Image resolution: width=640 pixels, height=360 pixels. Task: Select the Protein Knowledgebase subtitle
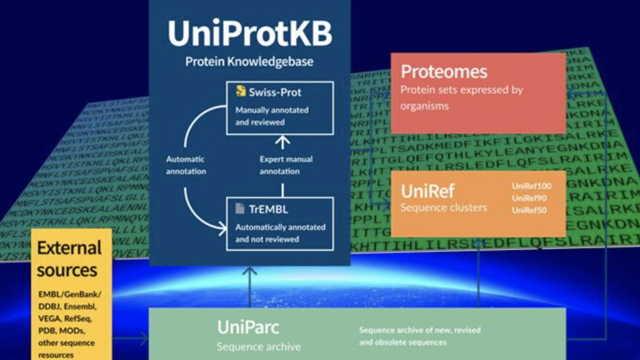(249, 62)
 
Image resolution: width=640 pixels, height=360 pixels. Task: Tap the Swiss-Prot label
(274, 92)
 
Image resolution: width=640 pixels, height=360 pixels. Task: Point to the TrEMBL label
(269, 209)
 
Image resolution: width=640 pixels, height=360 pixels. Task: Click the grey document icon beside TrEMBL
(240, 209)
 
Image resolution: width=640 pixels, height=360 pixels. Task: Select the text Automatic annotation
(185, 165)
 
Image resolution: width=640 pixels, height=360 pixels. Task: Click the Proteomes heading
(444, 71)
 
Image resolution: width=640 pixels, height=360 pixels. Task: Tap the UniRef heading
(427, 190)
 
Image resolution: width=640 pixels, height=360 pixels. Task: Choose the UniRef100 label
(531, 186)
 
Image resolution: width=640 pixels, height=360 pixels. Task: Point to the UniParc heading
(248, 327)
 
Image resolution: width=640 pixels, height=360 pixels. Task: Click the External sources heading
(69, 259)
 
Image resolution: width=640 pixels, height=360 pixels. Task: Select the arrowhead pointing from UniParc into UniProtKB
(250, 271)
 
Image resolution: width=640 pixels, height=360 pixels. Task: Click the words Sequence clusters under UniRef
(444, 207)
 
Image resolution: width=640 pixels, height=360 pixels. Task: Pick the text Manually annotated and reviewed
(272, 116)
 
